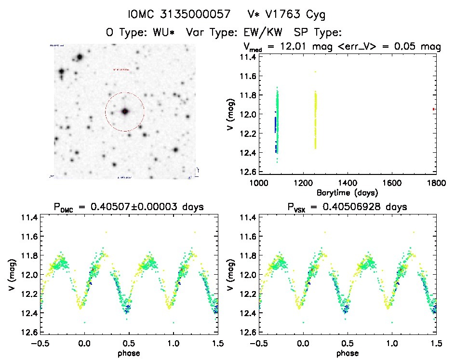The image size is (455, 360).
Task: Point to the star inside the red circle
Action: (125, 111)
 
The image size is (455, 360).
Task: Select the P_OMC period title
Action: (130, 207)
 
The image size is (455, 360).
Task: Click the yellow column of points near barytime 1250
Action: (315, 120)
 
